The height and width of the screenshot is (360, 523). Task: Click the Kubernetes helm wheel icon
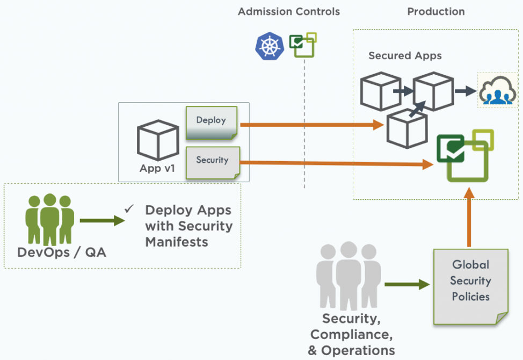[268, 46]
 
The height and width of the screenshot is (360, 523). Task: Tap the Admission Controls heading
[289, 11]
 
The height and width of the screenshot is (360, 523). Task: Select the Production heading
[436, 11]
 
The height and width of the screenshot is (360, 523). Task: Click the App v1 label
[157, 168]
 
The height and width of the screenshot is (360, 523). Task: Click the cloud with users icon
[498, 90]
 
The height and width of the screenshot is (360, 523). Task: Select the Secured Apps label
[405, 55]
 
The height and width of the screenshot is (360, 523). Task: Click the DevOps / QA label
[62, 252]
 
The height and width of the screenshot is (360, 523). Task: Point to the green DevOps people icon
[50, 219]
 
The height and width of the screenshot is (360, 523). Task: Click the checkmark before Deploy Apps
[129, 208]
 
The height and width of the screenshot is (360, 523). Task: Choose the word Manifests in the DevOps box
[177, 242]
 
